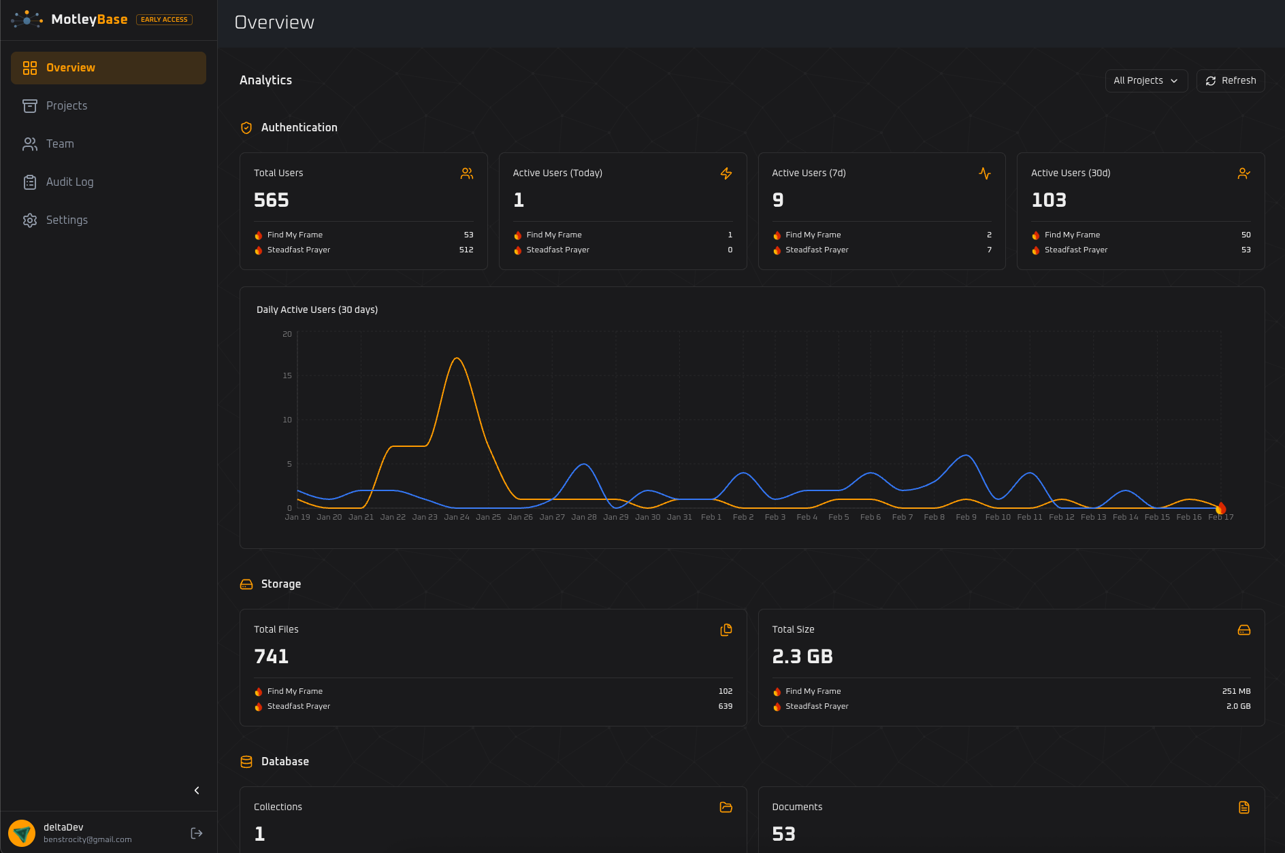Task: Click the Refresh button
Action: [x=1231, y=81]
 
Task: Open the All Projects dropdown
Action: [x=1146, y=81]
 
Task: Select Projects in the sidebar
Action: [x=67, y=106]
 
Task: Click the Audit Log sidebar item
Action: [x=69, y=182]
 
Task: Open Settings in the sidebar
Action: [x=67, y=220]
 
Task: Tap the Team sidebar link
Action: [x=60, y=144]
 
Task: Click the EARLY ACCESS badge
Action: [x=164, y=20]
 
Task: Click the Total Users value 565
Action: [x=271, y=200]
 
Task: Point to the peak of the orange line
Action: [x=457, y=358]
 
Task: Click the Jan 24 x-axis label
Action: [x=457, y=518]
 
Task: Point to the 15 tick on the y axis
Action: [x=287, y=375]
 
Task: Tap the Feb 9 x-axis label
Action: [x=966, y=518]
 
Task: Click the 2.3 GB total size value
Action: [x=802, y=656]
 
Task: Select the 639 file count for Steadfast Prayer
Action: [x=725, y=707]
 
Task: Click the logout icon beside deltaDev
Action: [x=197, y=833]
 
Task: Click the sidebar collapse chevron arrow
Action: [x=197, y=790]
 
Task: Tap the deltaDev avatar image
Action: [x=22, y=833]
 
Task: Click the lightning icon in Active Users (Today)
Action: [x=726, y=173]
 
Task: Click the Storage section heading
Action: [x=280, y=584]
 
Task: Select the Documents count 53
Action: [x=783, y=834]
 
